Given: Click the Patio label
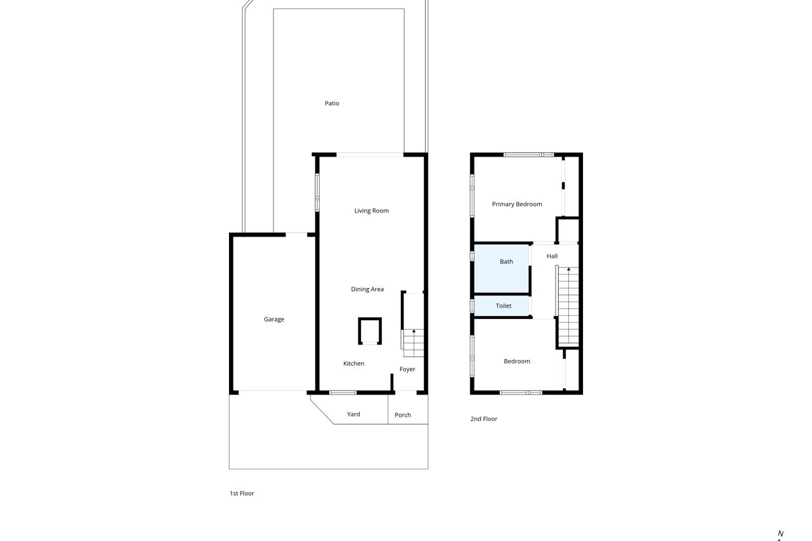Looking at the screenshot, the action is coord(332,103).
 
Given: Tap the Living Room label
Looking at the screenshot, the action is coord(371,211).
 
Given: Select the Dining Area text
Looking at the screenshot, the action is coord(367,289).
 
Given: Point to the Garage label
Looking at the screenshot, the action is coord(274,319).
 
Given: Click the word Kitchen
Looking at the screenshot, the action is coord(353,363).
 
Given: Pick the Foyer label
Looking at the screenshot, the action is coord(407,369).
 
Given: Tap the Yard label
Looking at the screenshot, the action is coord(353,414).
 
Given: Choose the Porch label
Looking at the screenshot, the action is coord(403,415).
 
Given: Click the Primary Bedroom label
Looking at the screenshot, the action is coord(517,204).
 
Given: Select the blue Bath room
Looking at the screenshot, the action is coord(502,268).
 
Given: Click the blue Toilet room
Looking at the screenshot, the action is coord(502,306).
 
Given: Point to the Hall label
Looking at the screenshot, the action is coord(552,256).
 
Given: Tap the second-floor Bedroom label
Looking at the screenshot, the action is coord(517,362).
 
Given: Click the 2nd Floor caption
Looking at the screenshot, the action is coord(483,419).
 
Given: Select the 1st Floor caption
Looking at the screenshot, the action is coord(242,493).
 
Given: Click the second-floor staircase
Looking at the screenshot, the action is coord(568,306).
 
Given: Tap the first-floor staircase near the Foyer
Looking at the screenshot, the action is coord(414,342).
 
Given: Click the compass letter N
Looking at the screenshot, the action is coord(780,534).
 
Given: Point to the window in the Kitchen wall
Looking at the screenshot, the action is coord(343,393).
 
